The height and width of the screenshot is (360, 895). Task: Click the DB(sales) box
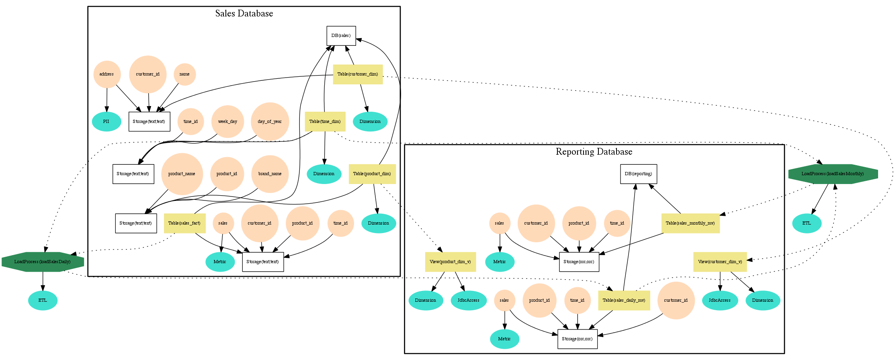tap(341, 36)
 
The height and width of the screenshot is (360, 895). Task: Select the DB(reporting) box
tap(638, 174)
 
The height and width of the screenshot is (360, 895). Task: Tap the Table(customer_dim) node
tap(358, 74)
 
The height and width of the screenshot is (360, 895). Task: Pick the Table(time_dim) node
tap(325, 121)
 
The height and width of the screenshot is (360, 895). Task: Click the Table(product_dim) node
tap(372, 174)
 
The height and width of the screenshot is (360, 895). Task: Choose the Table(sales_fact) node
tap(184, 223)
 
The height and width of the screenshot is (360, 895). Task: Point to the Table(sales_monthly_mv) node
tap(690, 223)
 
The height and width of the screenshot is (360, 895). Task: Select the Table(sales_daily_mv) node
tap(624, 301)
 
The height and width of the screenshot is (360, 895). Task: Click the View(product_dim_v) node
tap(450, 262)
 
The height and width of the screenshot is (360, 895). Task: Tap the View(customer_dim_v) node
tap(720, 262)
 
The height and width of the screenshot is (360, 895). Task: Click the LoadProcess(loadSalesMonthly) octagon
tap(833, 174)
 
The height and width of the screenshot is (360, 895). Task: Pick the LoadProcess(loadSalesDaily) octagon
tap(43, 262)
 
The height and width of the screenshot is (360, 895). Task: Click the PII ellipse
tap(106, 121)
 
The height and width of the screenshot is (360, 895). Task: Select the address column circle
tap(106, 74)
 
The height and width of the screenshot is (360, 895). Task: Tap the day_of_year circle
tap(270, 121)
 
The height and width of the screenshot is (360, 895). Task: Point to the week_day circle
tap(227, 121)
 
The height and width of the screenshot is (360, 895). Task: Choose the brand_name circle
tap(270, 174)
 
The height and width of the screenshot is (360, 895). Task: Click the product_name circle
tap(182, 174)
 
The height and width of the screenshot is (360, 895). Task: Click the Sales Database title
tap(244, 14)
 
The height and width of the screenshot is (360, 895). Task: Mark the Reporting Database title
tap(594, 152)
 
